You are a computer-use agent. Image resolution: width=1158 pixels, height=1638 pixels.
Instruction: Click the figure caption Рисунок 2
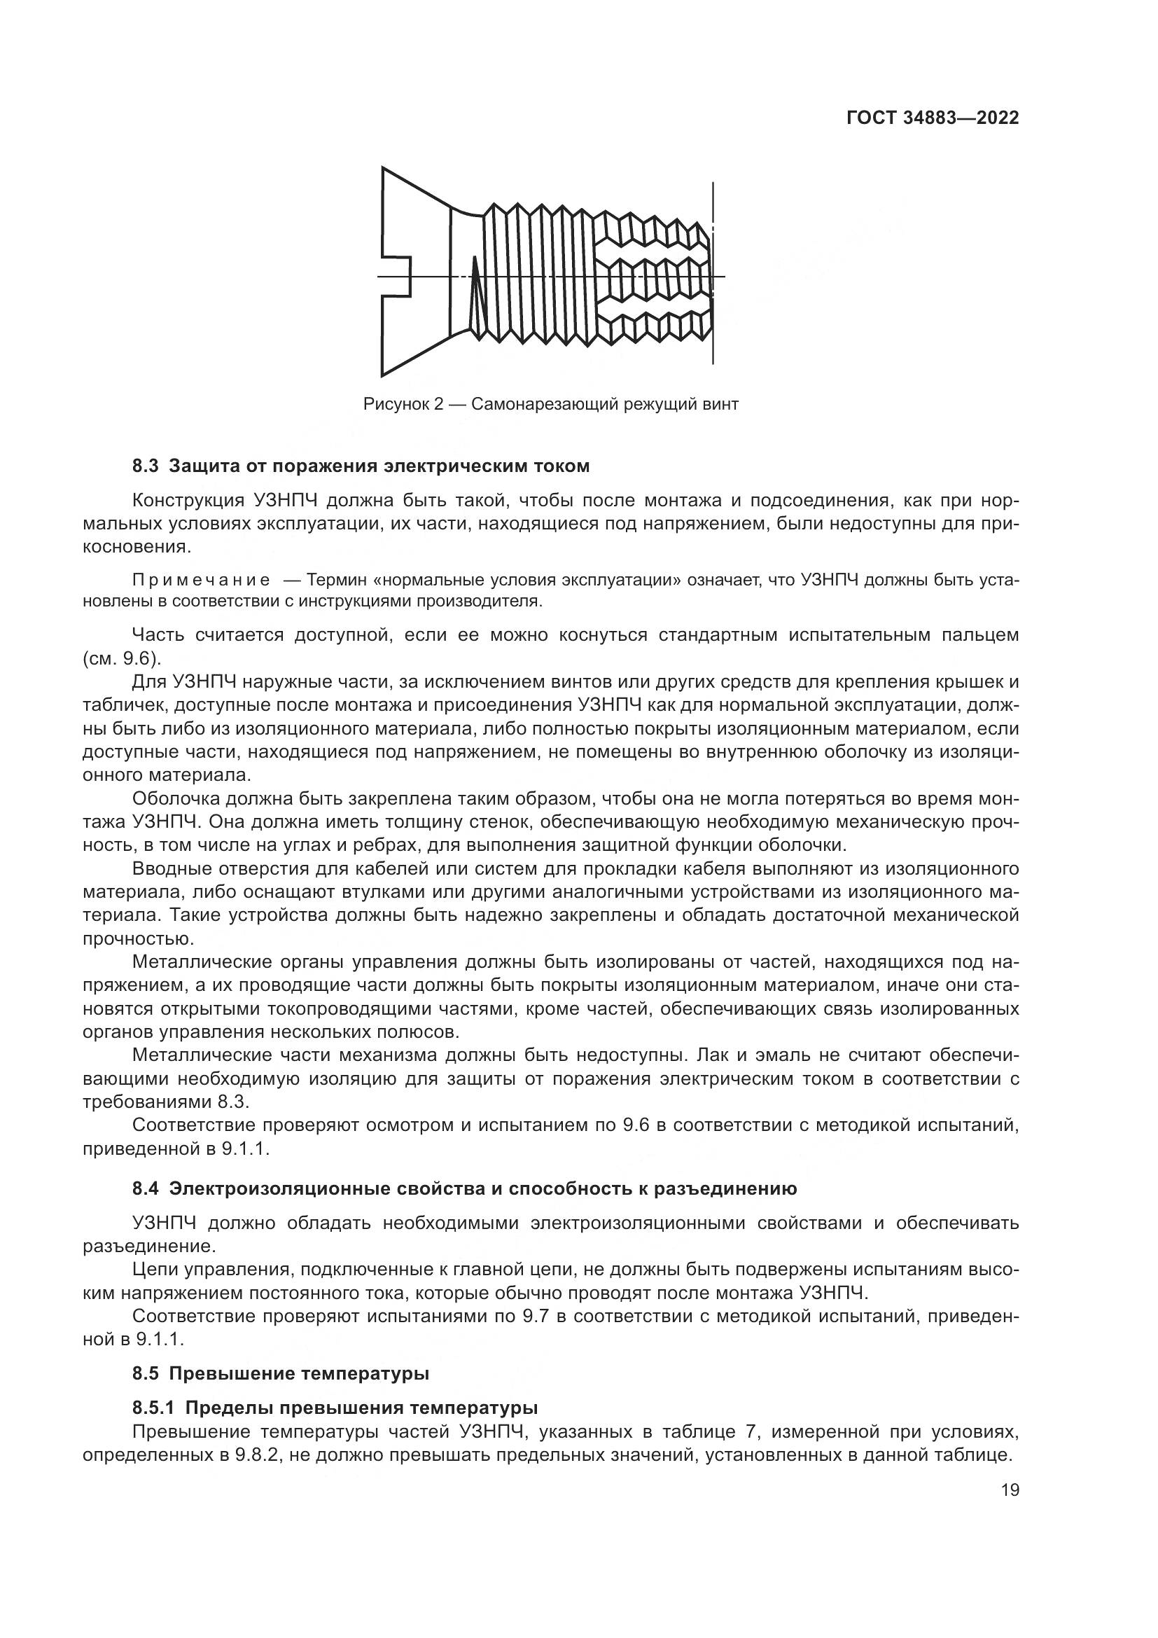coord(403,405)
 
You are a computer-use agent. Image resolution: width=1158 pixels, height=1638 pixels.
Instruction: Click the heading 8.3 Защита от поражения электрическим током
coord(361,466)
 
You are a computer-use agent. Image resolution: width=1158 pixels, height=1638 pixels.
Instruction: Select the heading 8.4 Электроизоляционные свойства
coord(464,1188)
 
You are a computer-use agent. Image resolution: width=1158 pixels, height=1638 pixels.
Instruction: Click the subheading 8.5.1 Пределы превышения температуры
coord(335,1408)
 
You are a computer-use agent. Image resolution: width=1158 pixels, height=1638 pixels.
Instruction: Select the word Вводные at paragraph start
coord(169,869)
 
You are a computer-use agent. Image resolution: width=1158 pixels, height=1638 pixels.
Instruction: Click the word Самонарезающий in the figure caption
coord(545,405)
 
